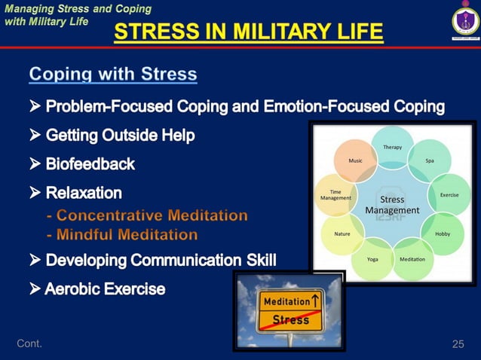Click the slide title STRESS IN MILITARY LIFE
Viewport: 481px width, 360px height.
(248, 32)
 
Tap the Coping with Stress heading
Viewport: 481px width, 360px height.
(113, 74)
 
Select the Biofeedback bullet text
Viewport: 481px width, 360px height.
(90, 164)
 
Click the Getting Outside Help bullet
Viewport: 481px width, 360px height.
(120, 136)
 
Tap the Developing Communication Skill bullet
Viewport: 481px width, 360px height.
(161, 261)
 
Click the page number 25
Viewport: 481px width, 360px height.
(458, 344)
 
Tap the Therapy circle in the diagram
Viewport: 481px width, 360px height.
(392, 147)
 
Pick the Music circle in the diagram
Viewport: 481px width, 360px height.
(355, 160)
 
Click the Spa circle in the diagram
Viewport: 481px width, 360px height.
(429, 160)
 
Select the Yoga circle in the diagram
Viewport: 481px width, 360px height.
(372, 258)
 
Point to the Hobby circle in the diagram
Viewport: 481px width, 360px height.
(443, 233)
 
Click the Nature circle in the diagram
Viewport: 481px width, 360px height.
(342, 233)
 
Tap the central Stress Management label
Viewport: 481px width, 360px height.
(392, 205)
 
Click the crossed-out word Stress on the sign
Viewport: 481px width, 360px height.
(290, 320)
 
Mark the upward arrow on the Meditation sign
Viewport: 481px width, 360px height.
(317, 301)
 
